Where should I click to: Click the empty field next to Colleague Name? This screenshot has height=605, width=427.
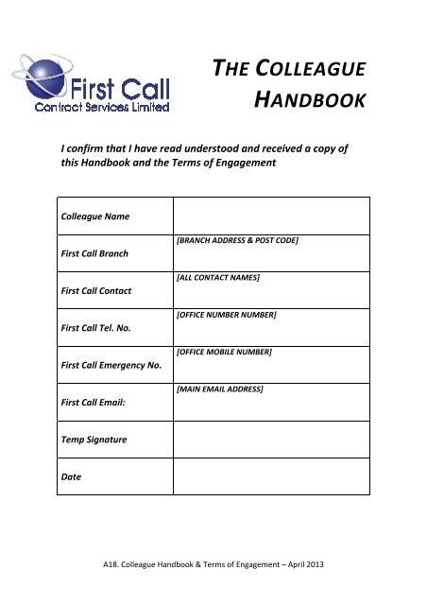(x=271, y=216)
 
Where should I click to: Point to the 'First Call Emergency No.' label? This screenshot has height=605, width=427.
(x=111, y=365)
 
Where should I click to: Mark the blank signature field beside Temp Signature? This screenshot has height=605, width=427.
(x=271, y=439)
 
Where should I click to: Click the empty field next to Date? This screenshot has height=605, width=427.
(x=271, y=475)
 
